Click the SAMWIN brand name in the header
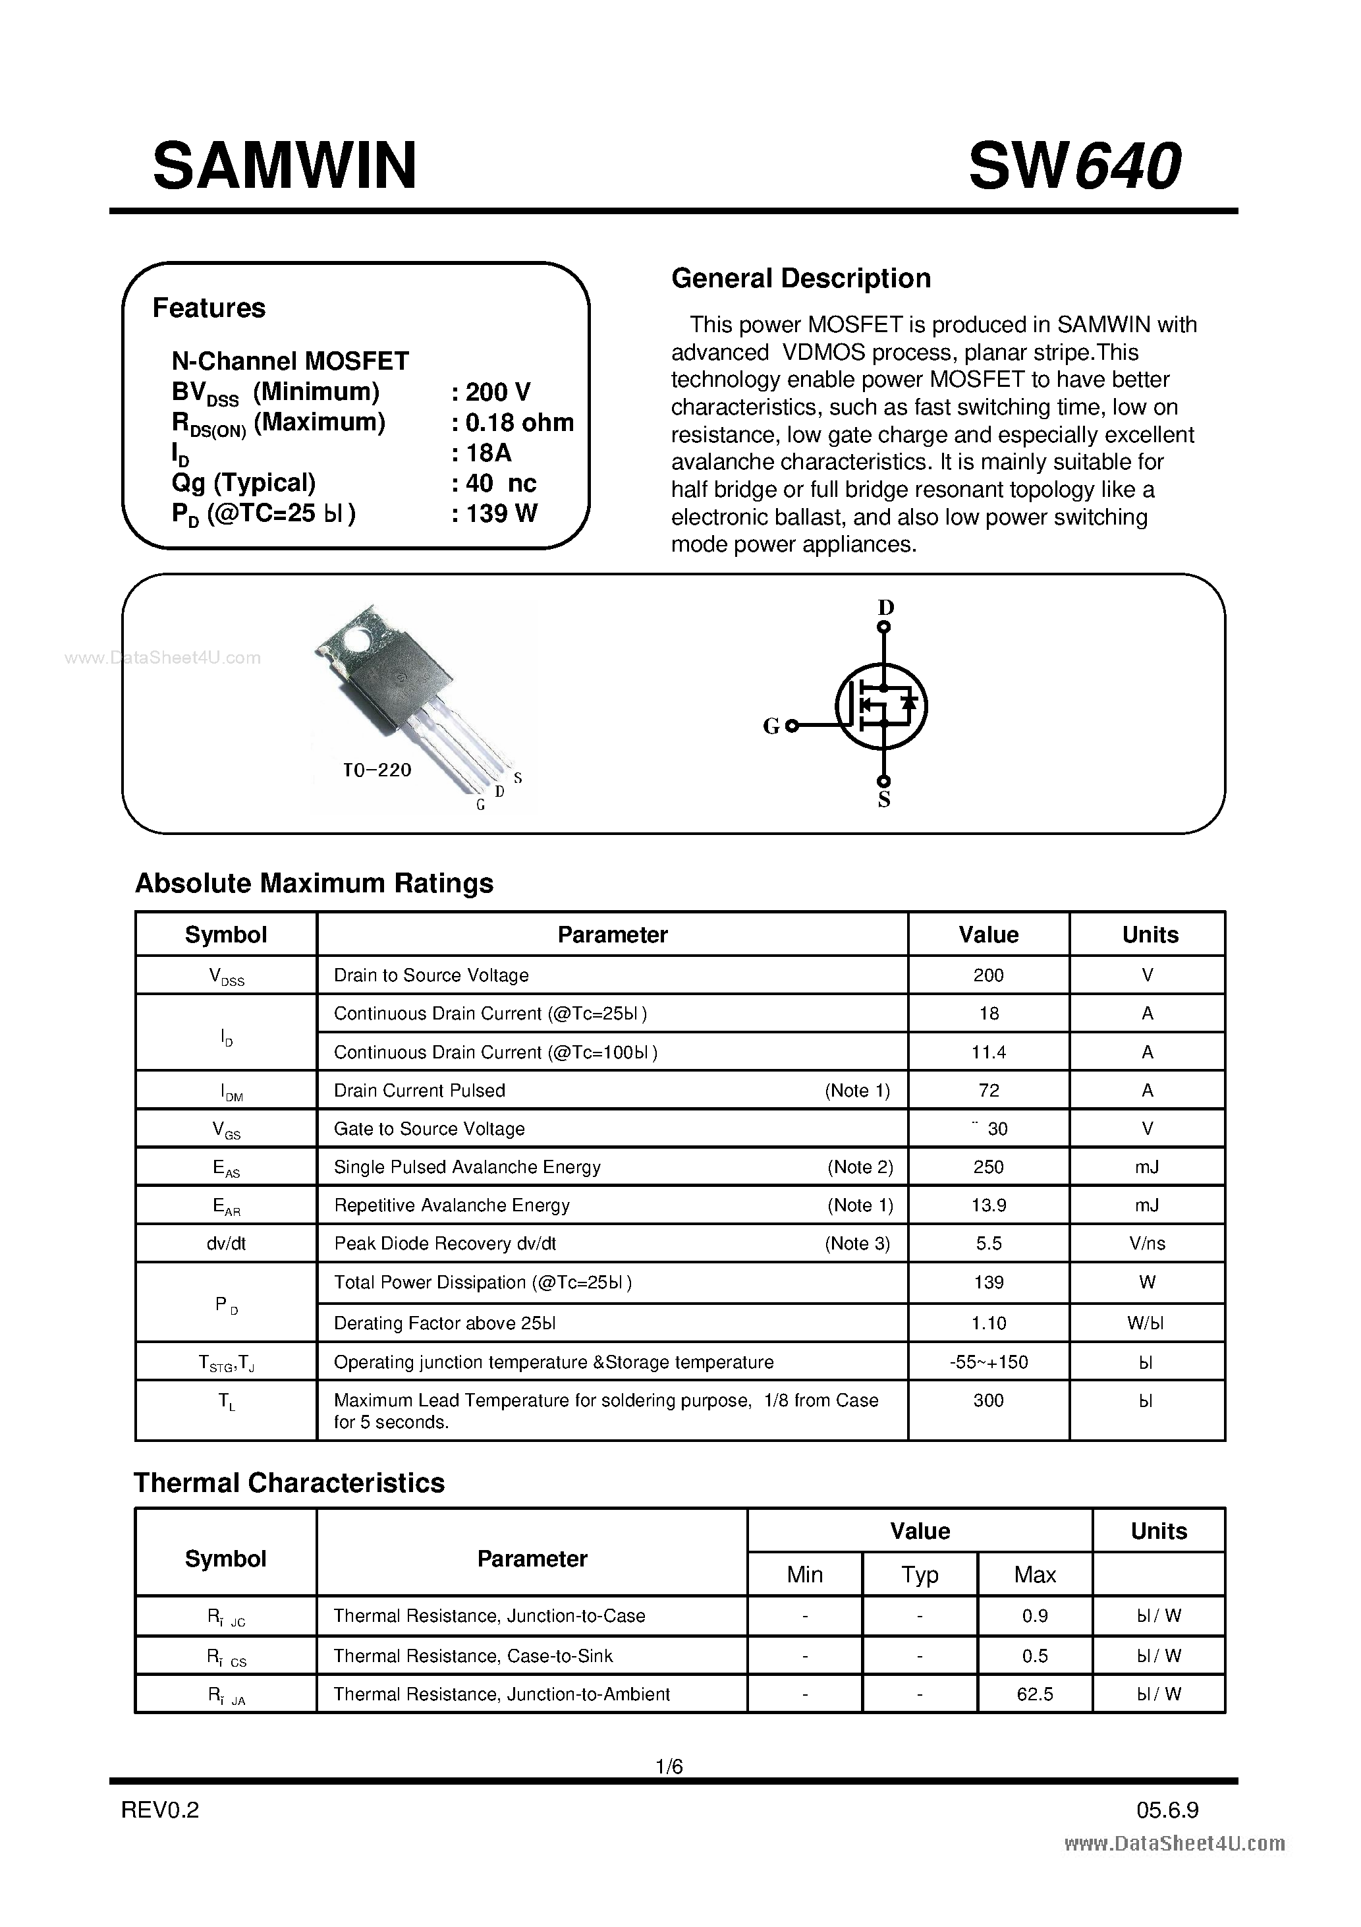(x=285, y=165)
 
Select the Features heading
(x=209, y=308)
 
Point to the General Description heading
(x=800, y=278)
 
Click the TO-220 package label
(x=377, y=770)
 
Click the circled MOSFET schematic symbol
(x=881, y=706)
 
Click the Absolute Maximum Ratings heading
(x=314, y=883)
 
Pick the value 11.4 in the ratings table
(x=988, y=1052)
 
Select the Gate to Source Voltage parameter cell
(x=429, y=1129)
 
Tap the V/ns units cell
(x=1147, y=1243)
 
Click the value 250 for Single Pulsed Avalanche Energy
(x=988, y=1166)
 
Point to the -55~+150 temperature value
(x=988, y=1362)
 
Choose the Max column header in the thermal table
(x=1035, y=1574)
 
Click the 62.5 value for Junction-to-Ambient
(x=1035, y=1694)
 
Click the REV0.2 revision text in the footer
(x=160, y=1810)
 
